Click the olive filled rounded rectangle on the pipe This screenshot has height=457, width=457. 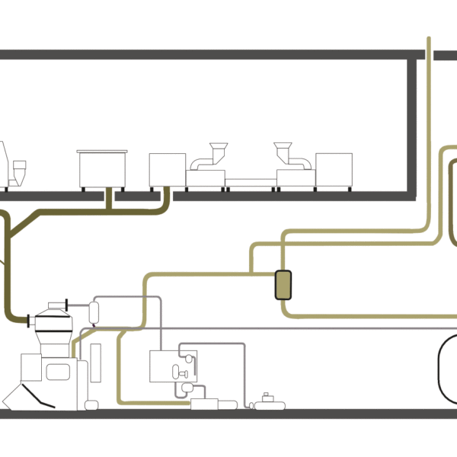point(283,285)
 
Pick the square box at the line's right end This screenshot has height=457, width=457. point(334,170)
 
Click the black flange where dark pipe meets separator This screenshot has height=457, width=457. point(29,318)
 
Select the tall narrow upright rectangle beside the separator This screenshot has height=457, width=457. point(95,363)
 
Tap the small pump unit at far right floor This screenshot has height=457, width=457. point(267,403)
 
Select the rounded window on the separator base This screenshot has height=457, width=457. point(58,372)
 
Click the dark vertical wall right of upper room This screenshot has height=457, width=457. point(412,126)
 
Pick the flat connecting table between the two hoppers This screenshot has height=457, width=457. point(251,181)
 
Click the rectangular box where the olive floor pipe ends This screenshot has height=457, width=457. point(204,404)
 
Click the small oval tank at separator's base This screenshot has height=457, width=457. point(91,404)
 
